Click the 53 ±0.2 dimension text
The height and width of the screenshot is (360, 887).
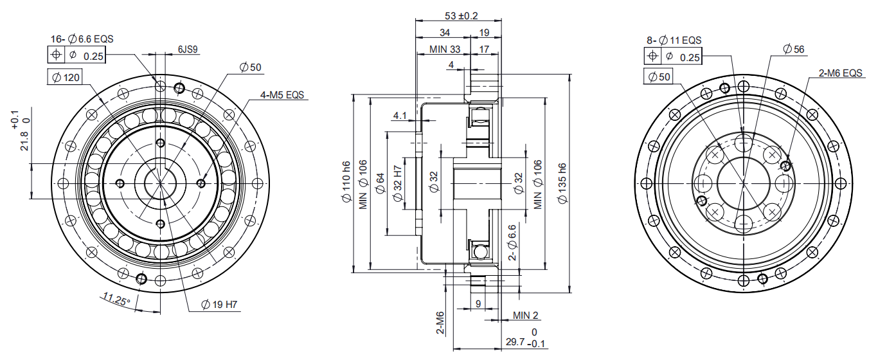461,16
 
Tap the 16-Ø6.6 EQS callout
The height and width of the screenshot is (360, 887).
82,39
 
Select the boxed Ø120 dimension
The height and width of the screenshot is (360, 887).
66,77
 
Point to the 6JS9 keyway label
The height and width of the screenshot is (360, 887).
188,50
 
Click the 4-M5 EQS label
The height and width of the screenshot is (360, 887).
282,95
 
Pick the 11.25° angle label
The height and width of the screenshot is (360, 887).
116,299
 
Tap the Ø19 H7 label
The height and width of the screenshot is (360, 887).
219,305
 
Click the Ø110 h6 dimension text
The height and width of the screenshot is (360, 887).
346,182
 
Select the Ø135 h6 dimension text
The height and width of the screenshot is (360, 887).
562,183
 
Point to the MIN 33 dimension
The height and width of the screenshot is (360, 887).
445,50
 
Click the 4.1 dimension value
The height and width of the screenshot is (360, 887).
400,116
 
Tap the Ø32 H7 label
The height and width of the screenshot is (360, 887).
398,183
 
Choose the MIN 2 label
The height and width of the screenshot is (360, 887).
526,315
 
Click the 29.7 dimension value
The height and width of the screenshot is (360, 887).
515,342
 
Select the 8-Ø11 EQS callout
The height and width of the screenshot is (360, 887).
674,40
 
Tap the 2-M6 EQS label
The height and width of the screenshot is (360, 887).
840,73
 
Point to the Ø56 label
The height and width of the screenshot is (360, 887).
794,49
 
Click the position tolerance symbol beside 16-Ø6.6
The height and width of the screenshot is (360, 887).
56,55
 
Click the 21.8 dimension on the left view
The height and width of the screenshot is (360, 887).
24,141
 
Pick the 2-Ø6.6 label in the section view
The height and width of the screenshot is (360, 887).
512,242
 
